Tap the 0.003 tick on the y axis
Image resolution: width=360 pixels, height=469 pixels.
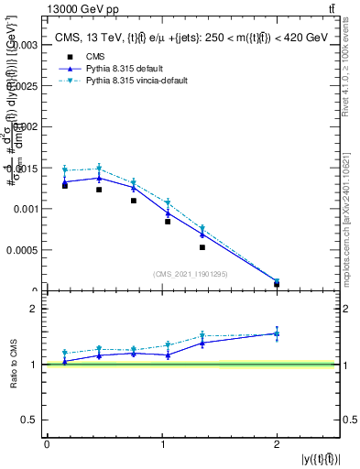click(25, 43)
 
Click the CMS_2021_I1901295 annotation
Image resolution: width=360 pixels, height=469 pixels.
click(191, 274)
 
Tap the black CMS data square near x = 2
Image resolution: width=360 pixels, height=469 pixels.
click(277, 284)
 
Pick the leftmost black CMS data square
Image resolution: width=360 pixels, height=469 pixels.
click(64, 185)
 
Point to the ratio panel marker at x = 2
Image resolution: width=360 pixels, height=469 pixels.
click(277, 333)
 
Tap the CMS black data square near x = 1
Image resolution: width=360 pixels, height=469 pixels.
click(168, 222)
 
